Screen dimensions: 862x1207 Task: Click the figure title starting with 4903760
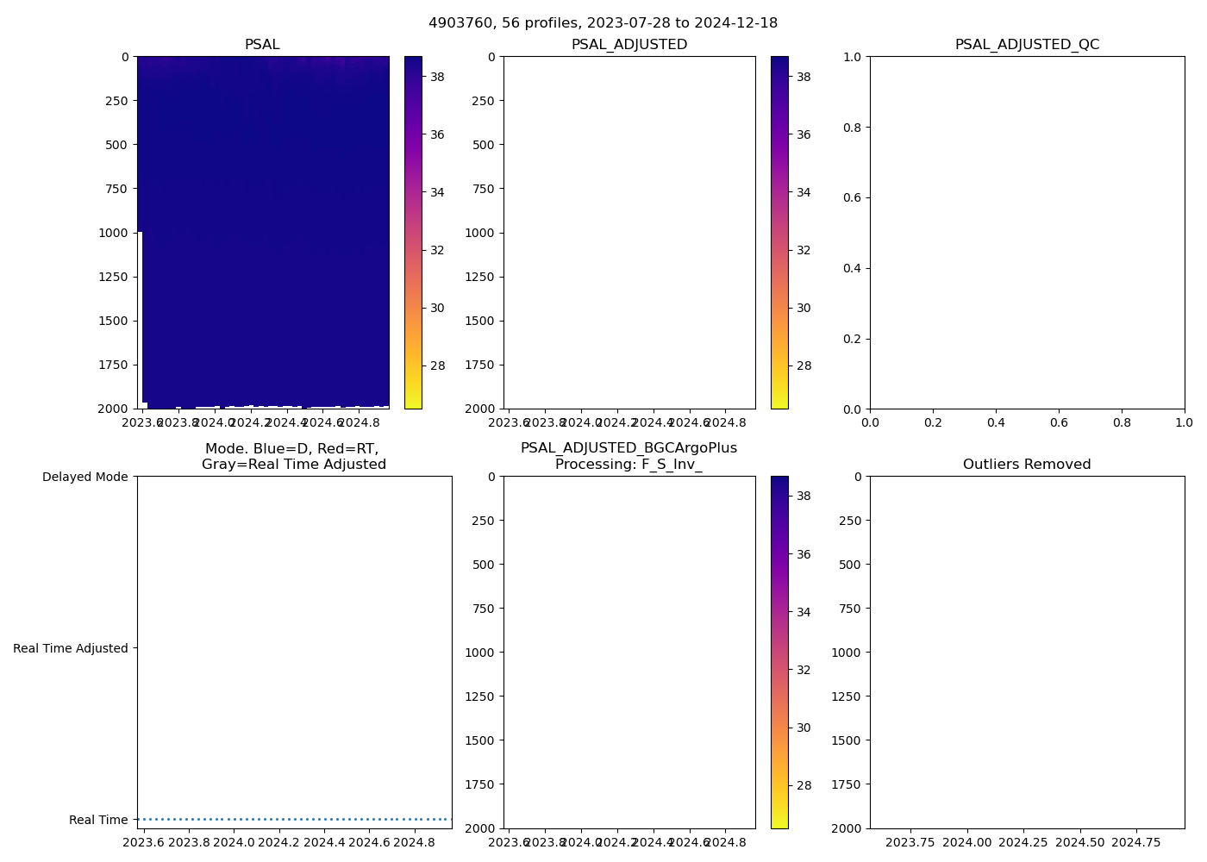click(603, 22)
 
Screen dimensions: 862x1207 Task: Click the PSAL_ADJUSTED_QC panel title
click(1027, 44)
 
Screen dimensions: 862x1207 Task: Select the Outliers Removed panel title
click(1027, 464)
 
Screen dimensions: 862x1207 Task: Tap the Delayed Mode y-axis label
click(84, 477)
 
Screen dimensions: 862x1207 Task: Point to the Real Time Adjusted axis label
click(71, 648)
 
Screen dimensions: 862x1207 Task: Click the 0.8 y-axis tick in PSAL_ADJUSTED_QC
click(852, 128)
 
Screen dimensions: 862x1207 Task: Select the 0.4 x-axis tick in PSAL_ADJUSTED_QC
click(996, 422)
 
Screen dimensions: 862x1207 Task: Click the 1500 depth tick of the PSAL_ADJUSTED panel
click(478, 321)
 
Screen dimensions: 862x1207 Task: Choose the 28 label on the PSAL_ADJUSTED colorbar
click(804, 365)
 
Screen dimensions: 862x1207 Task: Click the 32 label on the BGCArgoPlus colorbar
click(804, 670)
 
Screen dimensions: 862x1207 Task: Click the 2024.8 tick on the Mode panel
click(414, 842)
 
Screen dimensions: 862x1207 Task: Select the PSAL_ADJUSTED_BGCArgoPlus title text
click(629, 448)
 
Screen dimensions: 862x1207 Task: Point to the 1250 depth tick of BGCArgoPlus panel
click(478, 696)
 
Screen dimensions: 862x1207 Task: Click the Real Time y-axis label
click(98, 820)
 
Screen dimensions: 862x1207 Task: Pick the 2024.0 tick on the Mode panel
click(234, 842)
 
